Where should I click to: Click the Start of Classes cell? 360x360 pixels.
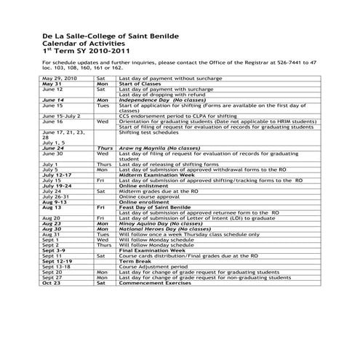click(x=139, y=83)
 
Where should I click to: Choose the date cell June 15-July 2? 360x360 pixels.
click(x=62, y=115)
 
